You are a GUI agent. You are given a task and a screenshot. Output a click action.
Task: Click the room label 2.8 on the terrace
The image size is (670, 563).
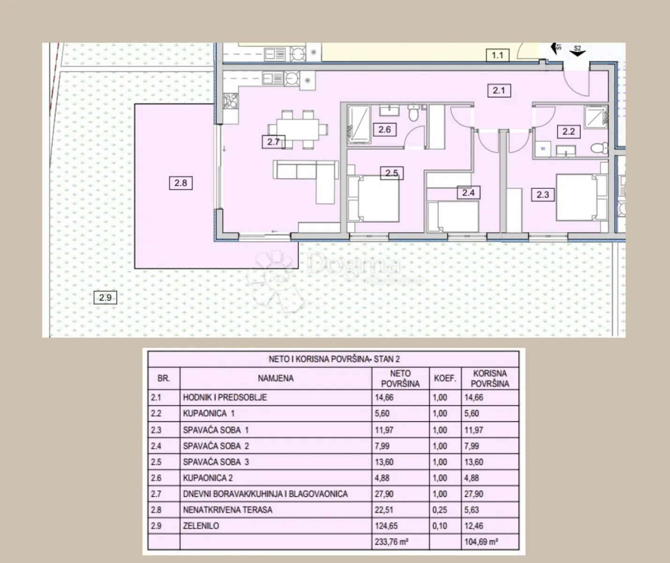[x=181, y=183]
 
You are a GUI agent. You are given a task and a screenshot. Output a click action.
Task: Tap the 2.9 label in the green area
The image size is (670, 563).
[x=105, y=297]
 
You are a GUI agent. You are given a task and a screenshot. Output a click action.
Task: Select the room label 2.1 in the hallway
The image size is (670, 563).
[x=499, y=91]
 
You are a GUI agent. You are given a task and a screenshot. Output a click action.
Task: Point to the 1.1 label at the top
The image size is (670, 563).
[x=497, y=55]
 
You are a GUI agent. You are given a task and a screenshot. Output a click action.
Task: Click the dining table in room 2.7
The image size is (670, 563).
[x=298, y=129]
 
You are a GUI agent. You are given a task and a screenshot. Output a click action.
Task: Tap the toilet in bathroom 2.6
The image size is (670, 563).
[x=414, y=113]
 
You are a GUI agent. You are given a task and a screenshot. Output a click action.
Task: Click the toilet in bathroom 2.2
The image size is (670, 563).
[x=599, y=148]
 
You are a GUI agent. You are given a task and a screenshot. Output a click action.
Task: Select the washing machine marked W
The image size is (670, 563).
[x=543, y=149]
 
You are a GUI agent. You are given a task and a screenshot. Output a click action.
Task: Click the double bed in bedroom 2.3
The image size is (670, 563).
[x=582, y=197]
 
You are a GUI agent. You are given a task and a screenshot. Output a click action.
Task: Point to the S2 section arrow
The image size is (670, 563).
[x=577, y=52]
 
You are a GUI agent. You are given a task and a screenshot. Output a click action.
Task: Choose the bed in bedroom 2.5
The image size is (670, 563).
[x=374, y=198]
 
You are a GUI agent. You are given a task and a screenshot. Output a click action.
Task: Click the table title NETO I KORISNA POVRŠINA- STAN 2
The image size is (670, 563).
[x=334, y=359]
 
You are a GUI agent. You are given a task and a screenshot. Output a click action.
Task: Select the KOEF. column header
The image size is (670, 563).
[x=445, y=378]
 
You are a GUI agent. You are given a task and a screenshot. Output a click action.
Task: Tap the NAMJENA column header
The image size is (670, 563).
[x=276, y=378]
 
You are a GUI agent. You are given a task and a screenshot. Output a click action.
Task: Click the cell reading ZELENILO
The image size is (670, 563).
[x=201, y=526]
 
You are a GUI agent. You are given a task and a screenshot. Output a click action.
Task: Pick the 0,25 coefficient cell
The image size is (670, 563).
[x=440, y=510]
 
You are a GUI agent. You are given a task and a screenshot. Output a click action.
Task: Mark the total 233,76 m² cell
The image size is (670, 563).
[x=391, y=542]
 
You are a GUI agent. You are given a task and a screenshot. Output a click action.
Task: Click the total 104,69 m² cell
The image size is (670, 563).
[x=482, y=542]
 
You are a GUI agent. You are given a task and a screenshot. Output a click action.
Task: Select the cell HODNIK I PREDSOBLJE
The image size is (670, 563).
[x=225, y=397]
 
